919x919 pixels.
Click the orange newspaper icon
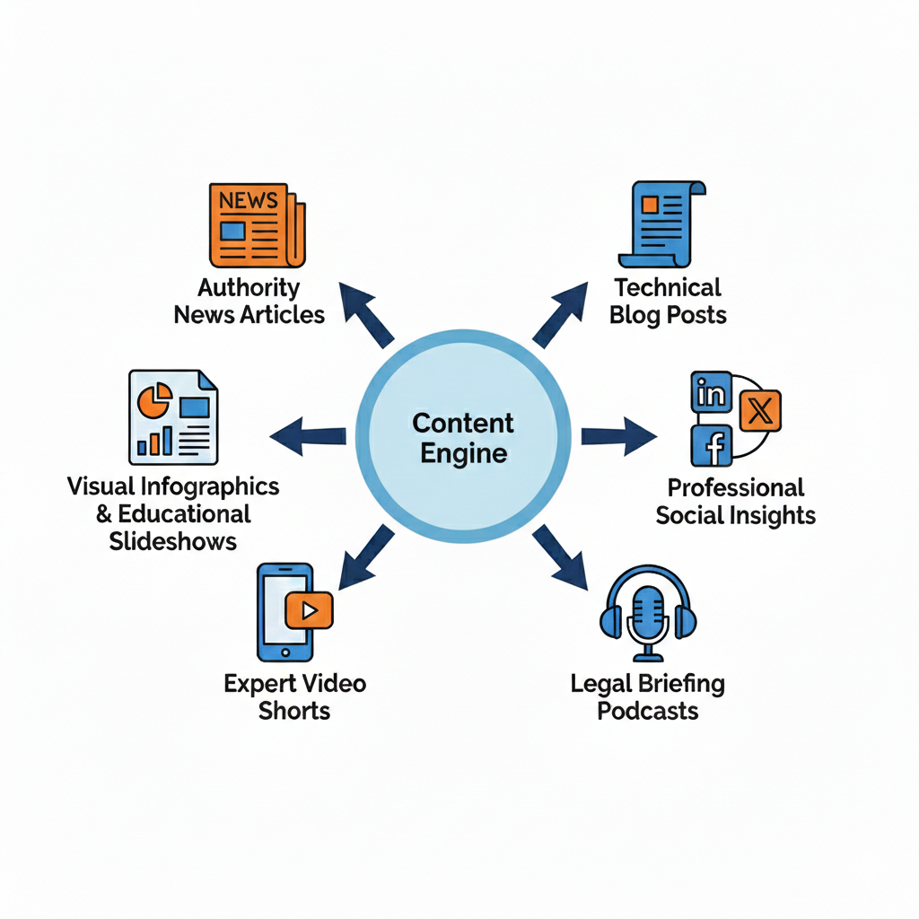[x=256, y=225]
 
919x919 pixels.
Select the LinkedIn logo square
[x=712, y=393]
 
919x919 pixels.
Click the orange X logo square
[x=759, y=411]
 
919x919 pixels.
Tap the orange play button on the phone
[x=309, y=611]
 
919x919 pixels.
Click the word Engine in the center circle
[x=463, y=453]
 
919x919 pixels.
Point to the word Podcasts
[x=647, y=712]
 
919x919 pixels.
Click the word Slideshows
[x=173, y=541]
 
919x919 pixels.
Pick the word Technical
[x=668, y=288]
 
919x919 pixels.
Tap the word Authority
[x=249, y=288]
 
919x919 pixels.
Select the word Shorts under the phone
[x=294, y=712]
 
